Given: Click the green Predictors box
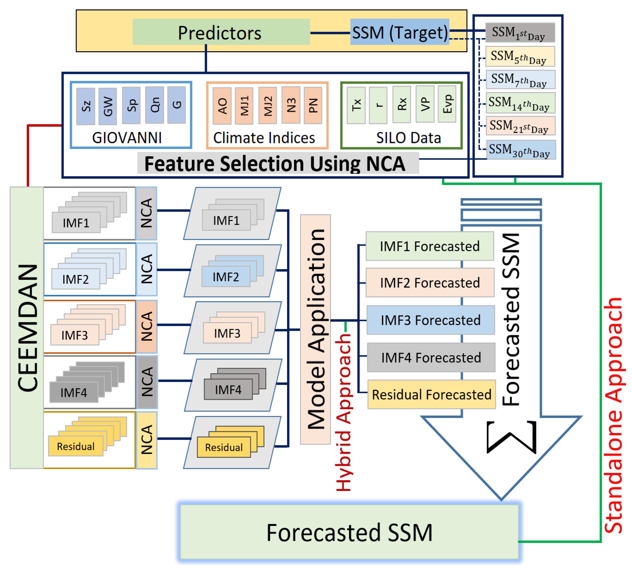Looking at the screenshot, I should point(221,32).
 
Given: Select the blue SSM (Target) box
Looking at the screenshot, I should point(399,32).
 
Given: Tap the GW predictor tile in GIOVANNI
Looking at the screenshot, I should point(108,106).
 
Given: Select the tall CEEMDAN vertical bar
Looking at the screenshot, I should point(27,328).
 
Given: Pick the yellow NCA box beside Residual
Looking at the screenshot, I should point(147,440).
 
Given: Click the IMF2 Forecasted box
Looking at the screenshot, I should point(430,283).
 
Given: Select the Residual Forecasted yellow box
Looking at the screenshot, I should point(431,394).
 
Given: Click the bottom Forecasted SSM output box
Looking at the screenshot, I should point(349,532).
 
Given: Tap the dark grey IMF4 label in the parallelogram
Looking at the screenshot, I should point(228,389).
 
